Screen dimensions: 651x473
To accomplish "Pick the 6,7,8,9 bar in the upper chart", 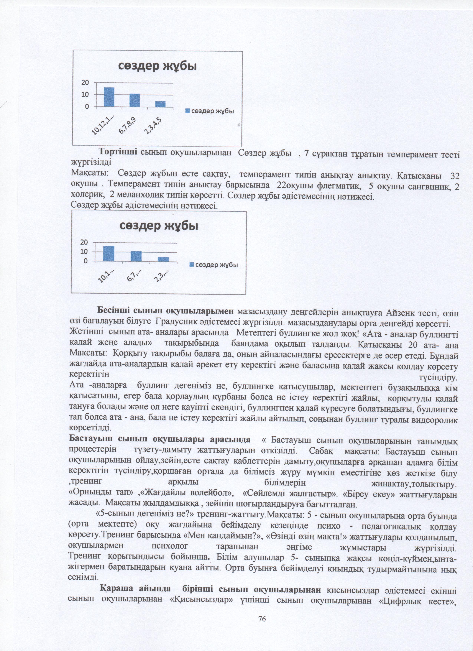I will (135, 100).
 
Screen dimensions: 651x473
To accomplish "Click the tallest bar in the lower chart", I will (109, 254).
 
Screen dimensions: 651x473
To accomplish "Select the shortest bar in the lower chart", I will (163, 259).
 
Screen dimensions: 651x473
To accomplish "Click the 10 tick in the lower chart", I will (84, 252).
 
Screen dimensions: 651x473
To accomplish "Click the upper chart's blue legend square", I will (188, 111).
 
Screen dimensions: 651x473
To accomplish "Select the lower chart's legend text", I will (216, 265).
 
